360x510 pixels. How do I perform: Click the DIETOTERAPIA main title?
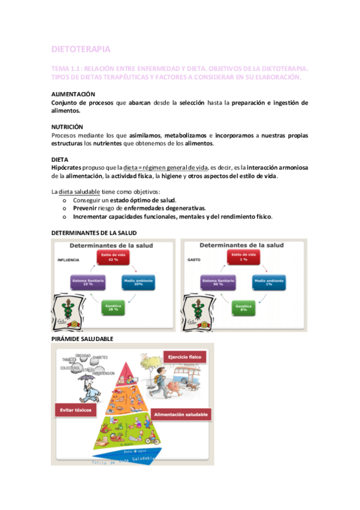(81, 49)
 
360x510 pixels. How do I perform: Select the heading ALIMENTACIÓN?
(73, 94)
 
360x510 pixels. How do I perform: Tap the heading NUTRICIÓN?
(67, 127)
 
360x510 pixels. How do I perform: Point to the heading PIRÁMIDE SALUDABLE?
(83, 339)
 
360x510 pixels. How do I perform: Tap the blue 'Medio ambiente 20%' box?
(138, 282)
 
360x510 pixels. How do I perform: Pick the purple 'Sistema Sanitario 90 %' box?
(217, 282)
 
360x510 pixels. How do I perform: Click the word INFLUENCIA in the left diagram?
(69, 260)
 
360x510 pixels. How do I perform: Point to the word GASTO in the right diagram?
(194, 260)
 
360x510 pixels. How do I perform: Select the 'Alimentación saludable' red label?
(181, 415)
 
